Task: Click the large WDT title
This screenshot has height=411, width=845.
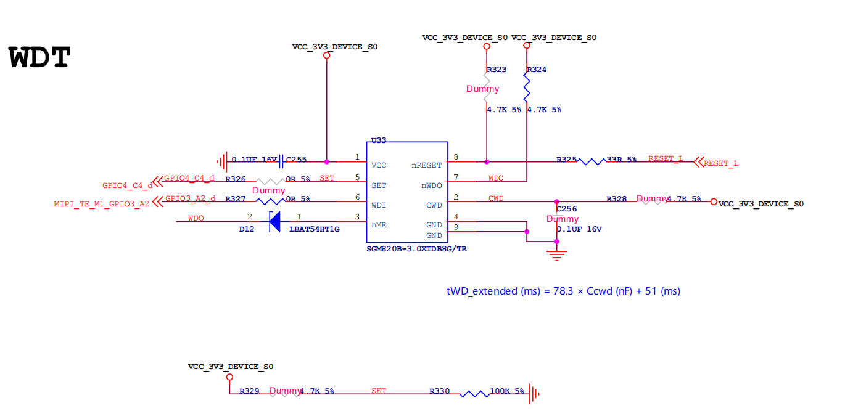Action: (x=40, y=58)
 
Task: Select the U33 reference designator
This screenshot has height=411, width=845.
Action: (x=379, y=140)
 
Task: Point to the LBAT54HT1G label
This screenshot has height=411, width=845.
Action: (x=315, y=229)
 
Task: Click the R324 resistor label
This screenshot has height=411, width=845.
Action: (x=537, y=70)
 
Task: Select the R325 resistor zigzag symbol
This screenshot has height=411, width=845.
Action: (x=591, y=161)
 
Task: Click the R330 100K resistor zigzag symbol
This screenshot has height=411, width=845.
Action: (x=474, y=393)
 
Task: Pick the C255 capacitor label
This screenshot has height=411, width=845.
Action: (x=296, y=160)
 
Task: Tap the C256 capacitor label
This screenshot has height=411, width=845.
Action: (x=566, y=209)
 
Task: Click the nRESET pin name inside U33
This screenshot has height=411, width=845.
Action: (x=427, y=165)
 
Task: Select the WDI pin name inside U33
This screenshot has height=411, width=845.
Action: (x=379, y=205)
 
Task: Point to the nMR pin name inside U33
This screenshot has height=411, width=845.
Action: (x=379, y=225)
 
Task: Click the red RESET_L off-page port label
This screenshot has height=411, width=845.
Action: (x=721, y=164)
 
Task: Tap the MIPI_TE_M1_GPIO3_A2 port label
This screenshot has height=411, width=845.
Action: (x=101, y=204)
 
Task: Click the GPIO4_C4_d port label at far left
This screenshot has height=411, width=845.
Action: (x=127, y=185)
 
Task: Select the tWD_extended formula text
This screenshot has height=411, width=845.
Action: (x=563, y=291)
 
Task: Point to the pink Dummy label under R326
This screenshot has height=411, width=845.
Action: (x=268, y=190)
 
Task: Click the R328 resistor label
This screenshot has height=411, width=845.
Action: (x=616, y=199)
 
